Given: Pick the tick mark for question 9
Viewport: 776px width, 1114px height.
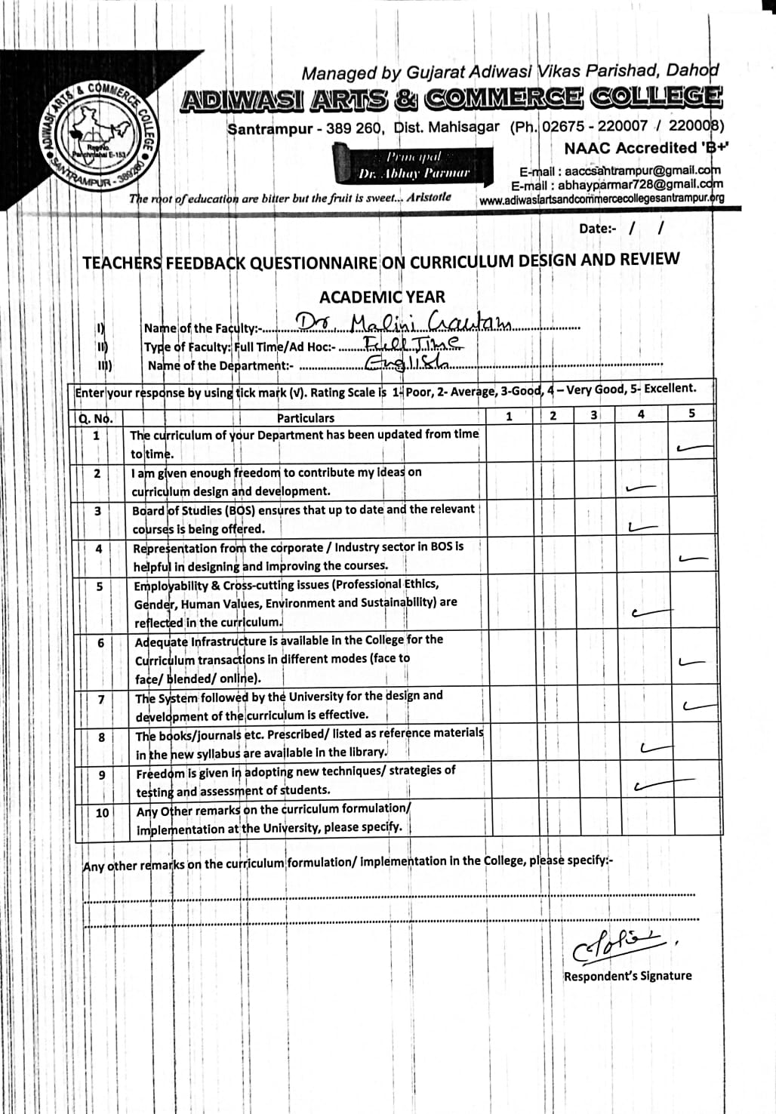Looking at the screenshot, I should click(651, 786).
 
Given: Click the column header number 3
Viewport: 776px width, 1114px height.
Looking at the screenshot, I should click(594, 414).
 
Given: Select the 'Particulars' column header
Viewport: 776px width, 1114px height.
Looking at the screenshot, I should click(305, 417).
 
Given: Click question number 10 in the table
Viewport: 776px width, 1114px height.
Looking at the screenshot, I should click(102, 813).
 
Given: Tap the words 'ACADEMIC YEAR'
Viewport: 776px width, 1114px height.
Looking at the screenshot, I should click(382, 297).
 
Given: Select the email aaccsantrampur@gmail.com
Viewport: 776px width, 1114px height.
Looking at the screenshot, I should click(620, 171).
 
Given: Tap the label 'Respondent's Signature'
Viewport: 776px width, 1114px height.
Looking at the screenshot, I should click(627, 976).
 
